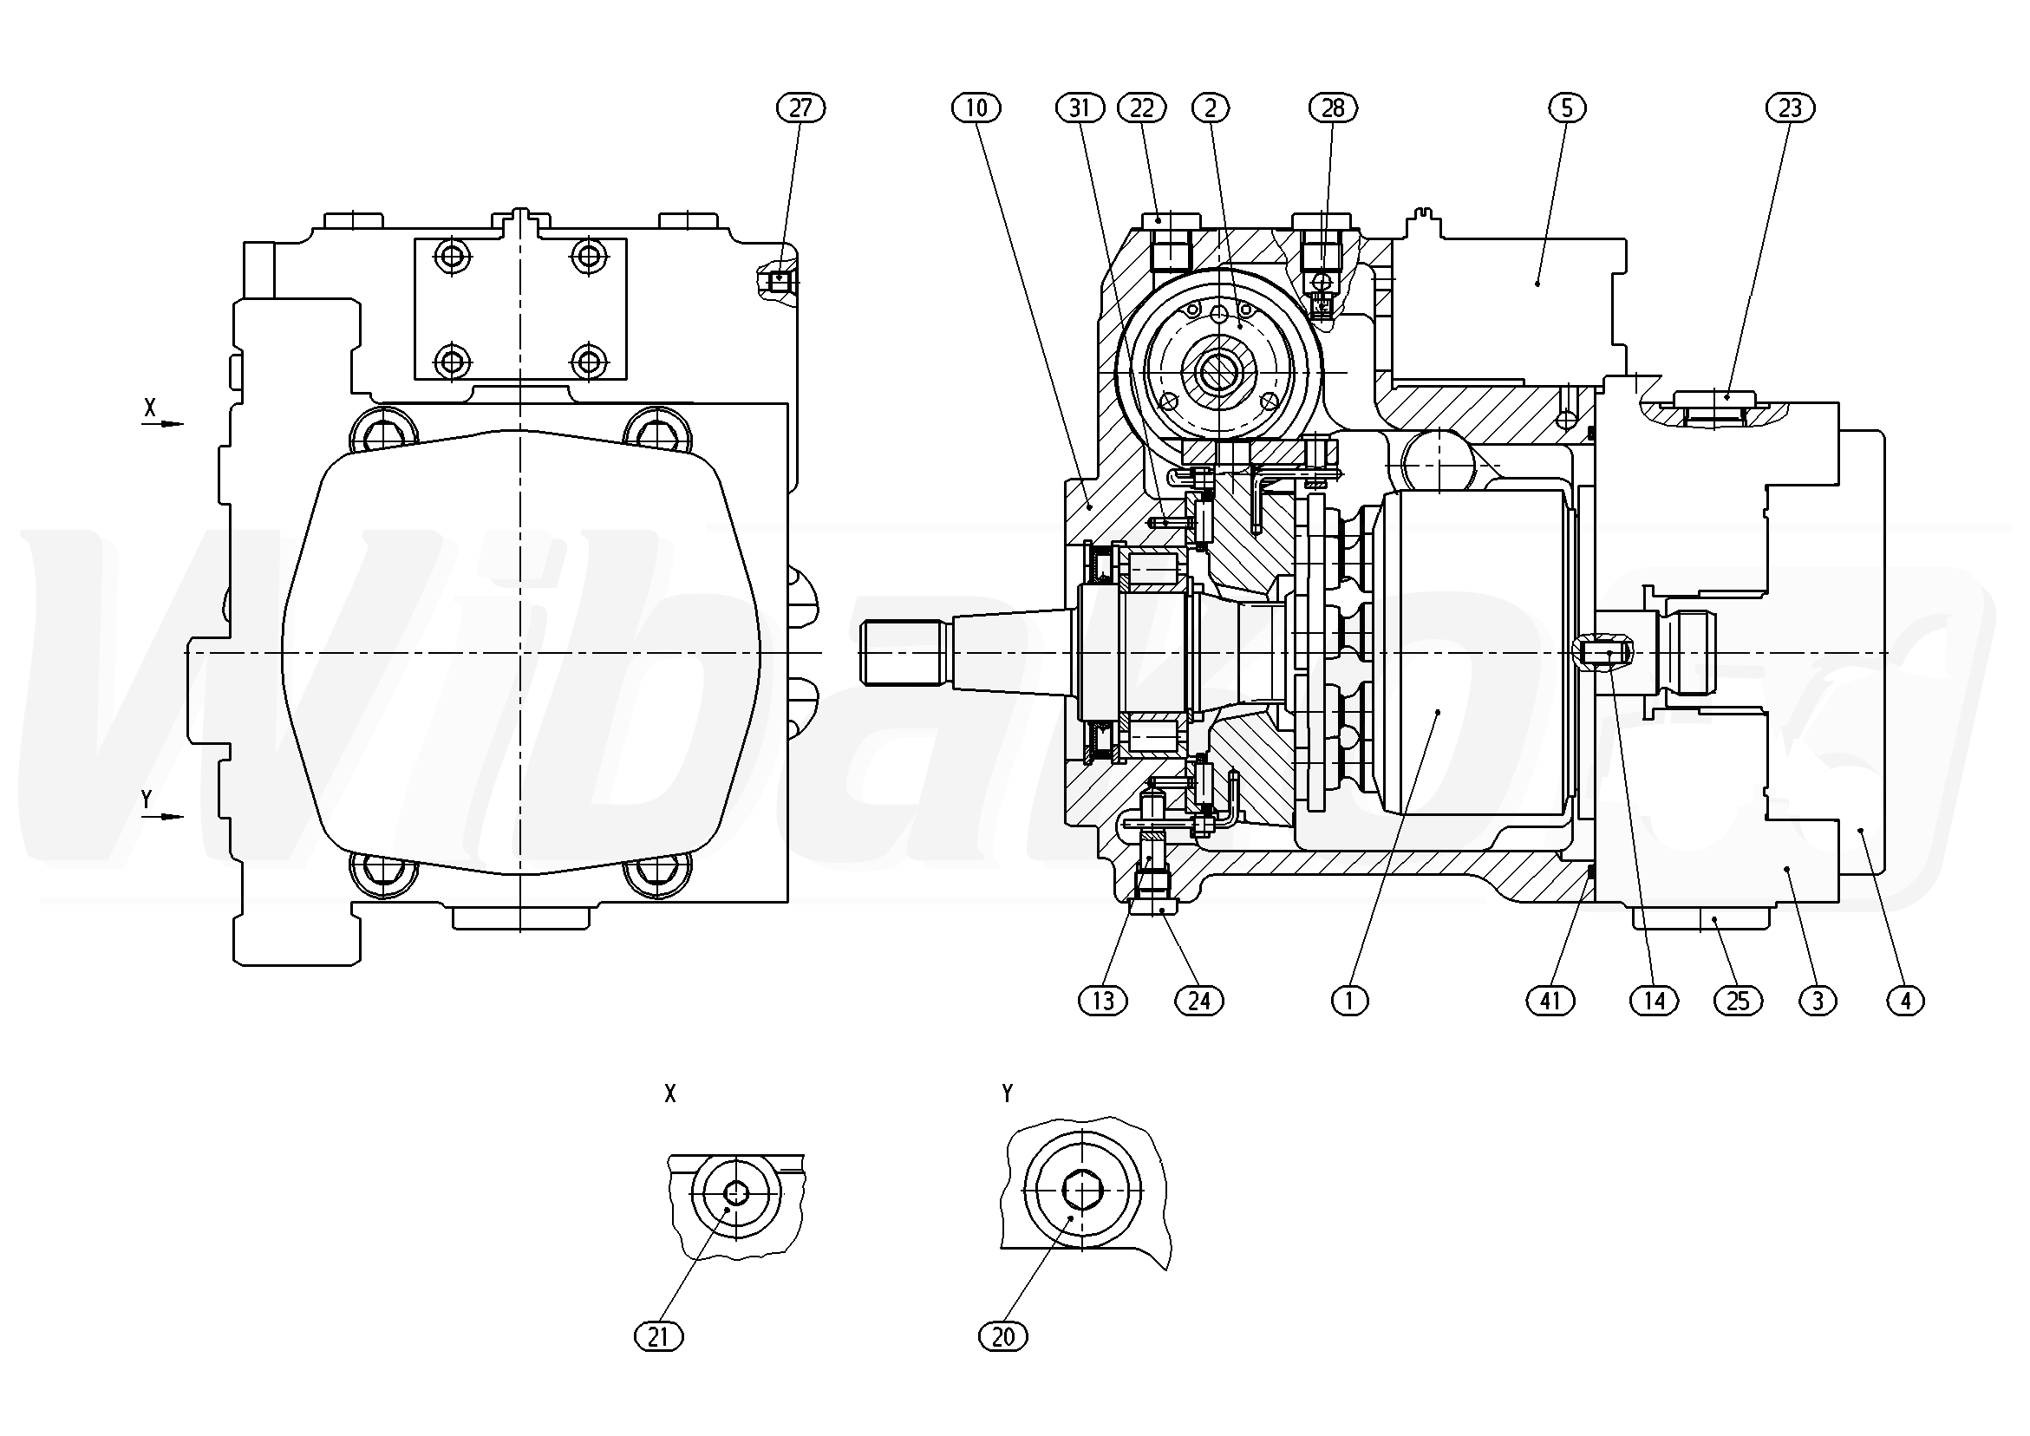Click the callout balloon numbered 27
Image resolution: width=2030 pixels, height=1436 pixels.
pyautogui.click(x=800, y=108)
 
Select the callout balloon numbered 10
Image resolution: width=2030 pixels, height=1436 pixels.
pyautogui.click(x=976, y=108)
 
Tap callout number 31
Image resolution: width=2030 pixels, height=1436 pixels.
pyautogui.click(x=1080, y=108)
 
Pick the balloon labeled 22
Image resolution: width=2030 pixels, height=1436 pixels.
pyautogui.click(x=1142, y=108)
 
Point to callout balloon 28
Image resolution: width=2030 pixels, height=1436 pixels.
pyautogui.click(x=1333, y=108)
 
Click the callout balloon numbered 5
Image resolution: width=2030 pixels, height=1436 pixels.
pyautogui.click(x=1567, y=108)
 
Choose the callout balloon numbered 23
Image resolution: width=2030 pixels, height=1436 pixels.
pyautogui.click(x=1791, y=108)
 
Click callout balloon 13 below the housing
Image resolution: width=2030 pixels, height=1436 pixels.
pyautogui.click(x=1102, y=1000)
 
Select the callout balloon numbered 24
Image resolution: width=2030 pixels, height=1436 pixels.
pyautogui.click(x=1198, y=1000)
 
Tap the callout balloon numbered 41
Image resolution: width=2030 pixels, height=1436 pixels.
pyautogui.click(x=1550, y=1000)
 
